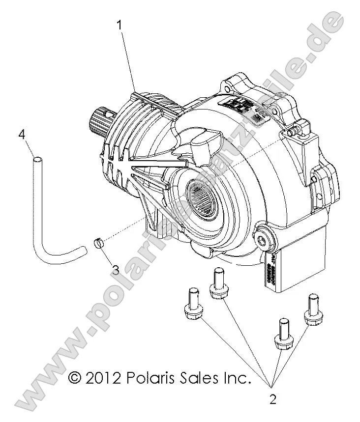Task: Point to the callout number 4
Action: click(x=22, y=134)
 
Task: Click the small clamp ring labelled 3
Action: click(x=98, y=243)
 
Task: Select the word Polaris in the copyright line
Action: click(x=150, y=378)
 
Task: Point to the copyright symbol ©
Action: click(x=74, y=378)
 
